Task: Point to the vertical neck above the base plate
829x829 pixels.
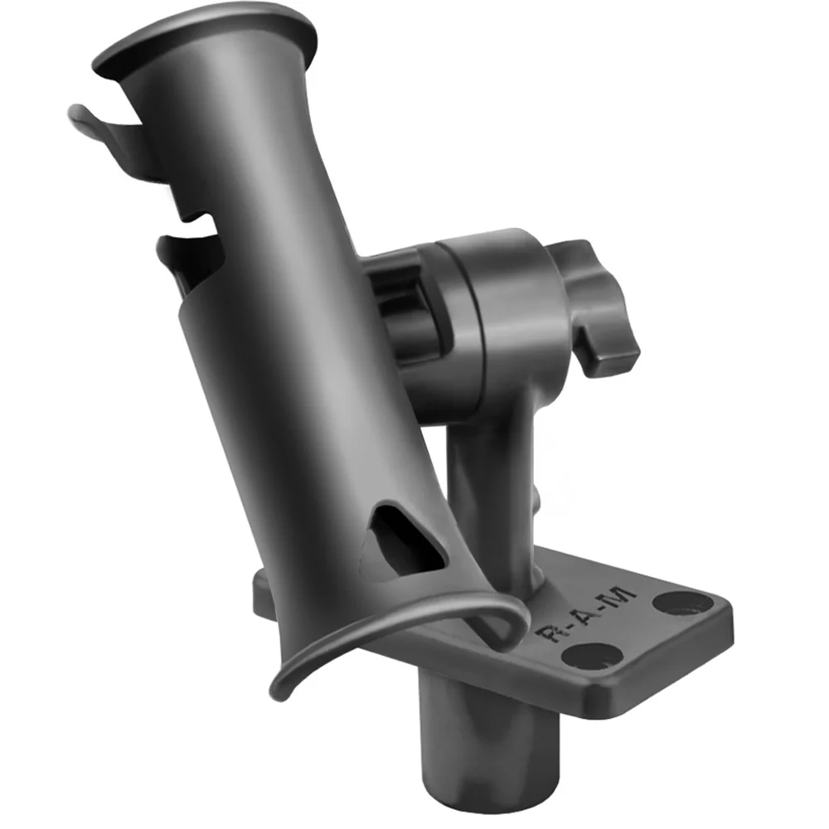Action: tap(489, 489)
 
